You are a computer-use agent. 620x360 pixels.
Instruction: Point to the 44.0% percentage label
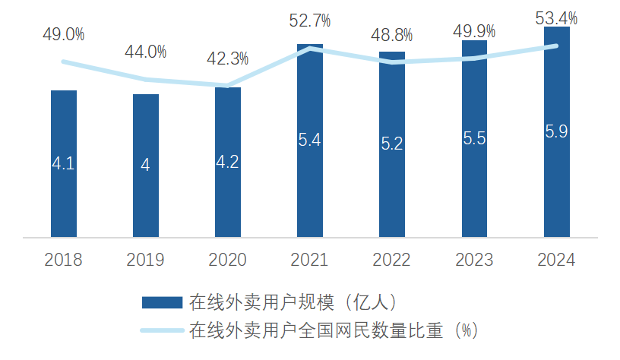(146, 52)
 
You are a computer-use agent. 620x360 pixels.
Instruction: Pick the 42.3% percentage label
(228, 58)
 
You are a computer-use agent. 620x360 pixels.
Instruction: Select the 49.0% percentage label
(64, 34)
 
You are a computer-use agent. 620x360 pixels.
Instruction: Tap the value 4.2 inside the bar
(228, 162)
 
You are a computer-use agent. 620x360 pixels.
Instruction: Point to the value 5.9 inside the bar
(557, 131)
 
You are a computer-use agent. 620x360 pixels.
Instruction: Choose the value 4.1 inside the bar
(64, 163)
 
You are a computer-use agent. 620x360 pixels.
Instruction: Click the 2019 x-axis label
(146, 260)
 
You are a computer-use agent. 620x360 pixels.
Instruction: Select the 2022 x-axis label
(392, 260)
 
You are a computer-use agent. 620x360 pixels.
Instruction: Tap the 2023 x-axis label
(474, 260)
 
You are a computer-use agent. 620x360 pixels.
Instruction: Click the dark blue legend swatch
(162, 302)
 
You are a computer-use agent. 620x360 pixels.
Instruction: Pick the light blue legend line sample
(162, 330)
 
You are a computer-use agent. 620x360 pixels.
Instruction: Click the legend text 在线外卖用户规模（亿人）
(292, 302)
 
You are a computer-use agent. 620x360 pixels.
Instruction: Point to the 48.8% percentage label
(392, 35)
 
